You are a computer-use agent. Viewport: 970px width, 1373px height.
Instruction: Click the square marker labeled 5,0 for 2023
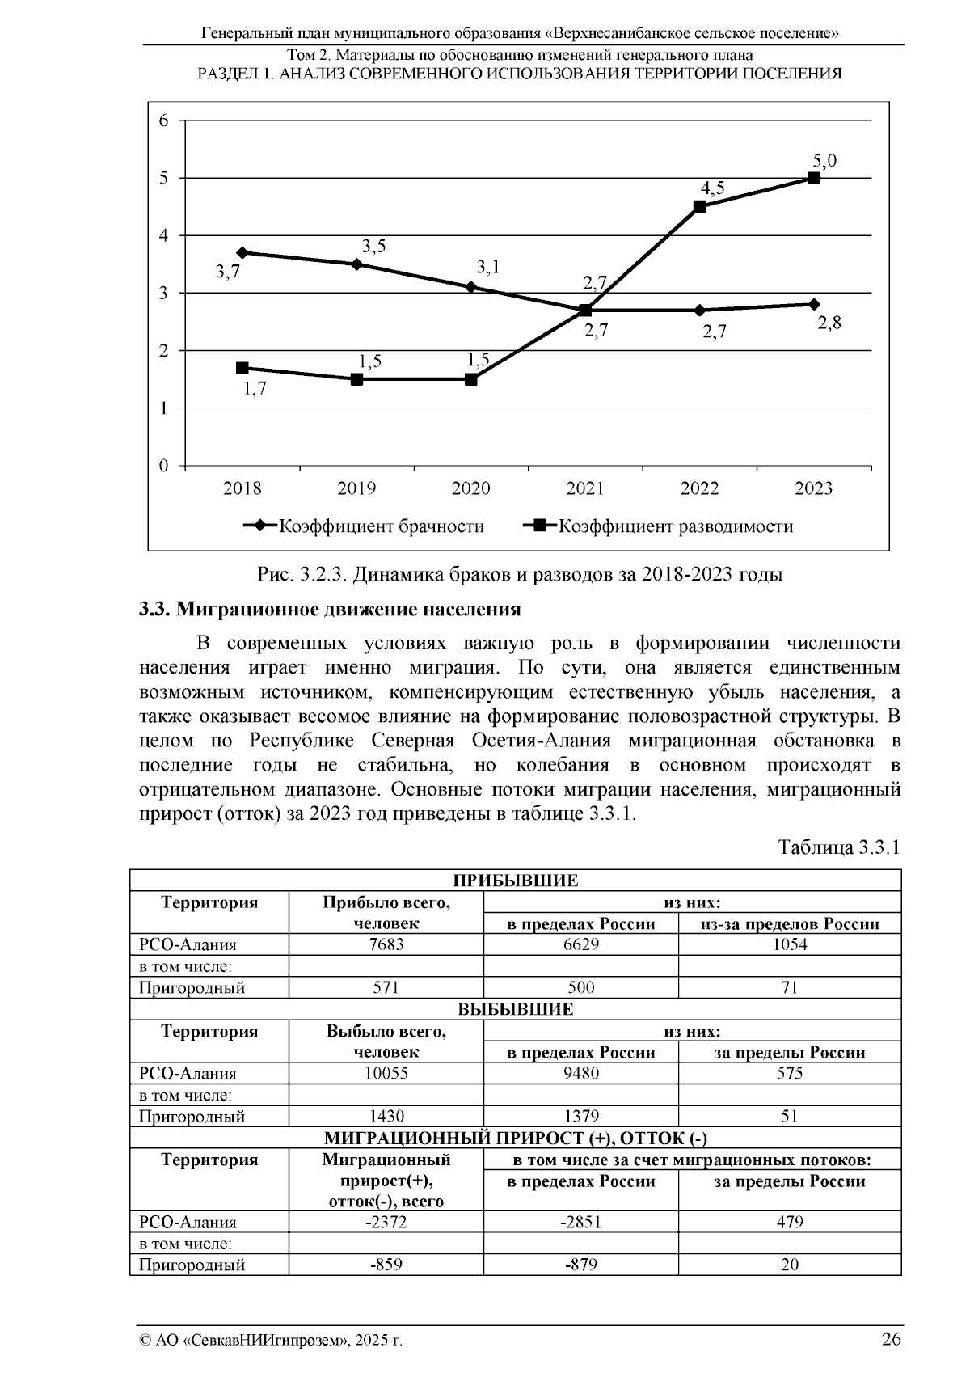[814, 178]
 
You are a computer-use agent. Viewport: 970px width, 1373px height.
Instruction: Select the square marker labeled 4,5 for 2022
[700, 206]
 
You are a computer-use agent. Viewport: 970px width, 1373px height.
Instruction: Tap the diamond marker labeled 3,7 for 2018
[242, 252]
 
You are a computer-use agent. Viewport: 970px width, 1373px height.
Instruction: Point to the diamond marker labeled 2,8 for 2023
[814, 304]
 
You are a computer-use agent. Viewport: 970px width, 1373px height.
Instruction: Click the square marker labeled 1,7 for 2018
[242, 368]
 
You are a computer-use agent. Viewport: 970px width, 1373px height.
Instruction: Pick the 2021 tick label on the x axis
[585, 488]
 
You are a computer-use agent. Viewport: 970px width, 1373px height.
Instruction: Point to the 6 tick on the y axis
[164, 120]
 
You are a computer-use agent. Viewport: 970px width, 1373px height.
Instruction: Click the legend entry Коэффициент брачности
[365, 526]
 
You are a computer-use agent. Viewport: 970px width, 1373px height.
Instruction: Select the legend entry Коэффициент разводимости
[659, 526]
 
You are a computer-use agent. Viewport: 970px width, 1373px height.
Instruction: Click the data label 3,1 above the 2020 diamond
[487, 267]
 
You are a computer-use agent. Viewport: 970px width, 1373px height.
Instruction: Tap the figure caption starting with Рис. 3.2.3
[520, 575]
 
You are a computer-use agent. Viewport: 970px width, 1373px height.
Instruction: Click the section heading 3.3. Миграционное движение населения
[330, 609]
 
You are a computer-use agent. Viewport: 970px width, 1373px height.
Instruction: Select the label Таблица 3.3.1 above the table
[838, 847]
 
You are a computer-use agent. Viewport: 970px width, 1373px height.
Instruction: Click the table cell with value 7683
[386, 944]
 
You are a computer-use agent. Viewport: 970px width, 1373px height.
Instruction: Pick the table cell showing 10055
[386, 1073]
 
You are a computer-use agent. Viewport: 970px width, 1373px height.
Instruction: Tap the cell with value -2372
[386, 1222]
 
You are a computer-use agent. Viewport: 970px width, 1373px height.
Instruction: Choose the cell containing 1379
[580, 1117]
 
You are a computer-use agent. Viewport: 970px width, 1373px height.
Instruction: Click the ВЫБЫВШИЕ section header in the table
[516, 1009]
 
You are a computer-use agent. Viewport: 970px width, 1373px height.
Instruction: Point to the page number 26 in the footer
[891, 1339]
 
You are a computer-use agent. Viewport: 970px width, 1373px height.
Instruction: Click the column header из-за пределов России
[790, 923]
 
